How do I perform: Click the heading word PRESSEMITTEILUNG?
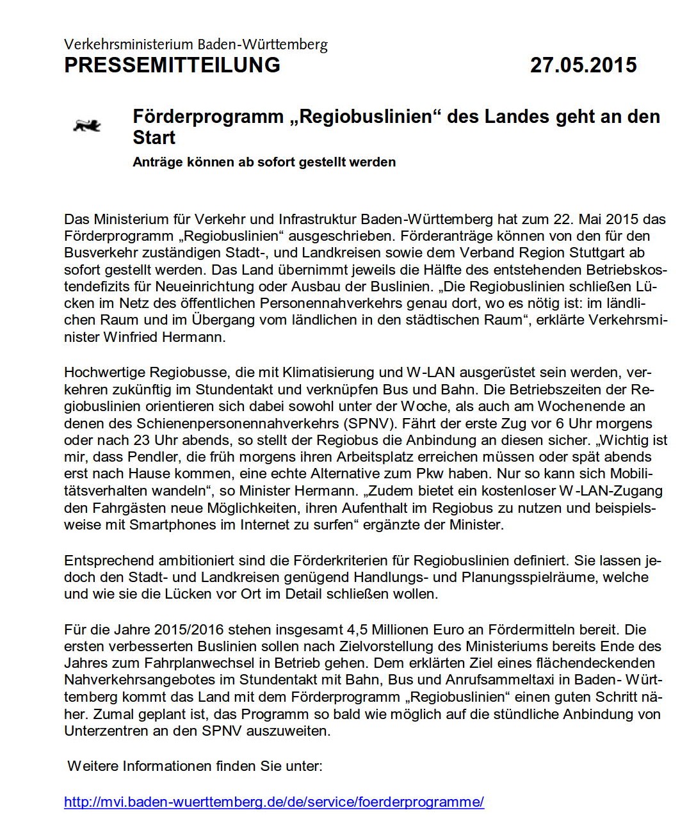(172, 65)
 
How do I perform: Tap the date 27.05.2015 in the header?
(583, 65)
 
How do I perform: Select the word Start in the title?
(154, 138)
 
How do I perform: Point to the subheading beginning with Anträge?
(264, 162)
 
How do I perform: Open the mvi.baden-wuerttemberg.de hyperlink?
(274, 802)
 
